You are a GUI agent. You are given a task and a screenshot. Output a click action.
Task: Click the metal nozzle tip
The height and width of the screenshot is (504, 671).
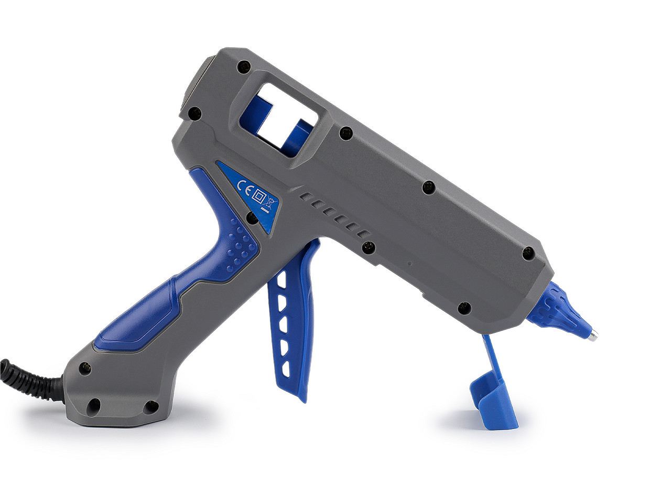[592, 337]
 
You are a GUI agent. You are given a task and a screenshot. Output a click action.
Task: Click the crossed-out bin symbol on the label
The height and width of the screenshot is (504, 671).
[271, 202]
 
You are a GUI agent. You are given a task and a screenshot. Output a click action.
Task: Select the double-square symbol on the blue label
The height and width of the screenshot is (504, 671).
[259, 195]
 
